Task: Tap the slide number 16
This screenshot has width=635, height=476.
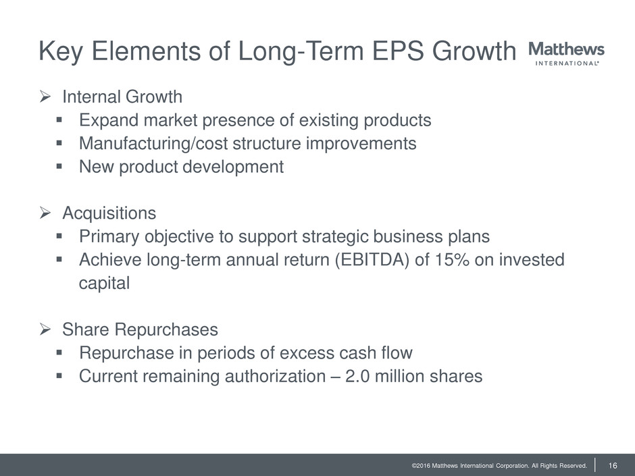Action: [x=613, y=465]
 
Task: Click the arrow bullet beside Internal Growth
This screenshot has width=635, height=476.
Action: [x=45, y=97]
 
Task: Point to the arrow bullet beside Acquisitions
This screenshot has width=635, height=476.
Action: [x=45, y=213]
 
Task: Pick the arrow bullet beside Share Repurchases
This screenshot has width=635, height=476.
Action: [x=45, y=329]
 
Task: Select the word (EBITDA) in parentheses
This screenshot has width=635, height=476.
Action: [x=372, y=260]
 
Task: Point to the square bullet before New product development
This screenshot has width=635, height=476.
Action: [x=59, y=166]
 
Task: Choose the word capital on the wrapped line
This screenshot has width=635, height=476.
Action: [x=105, y=283]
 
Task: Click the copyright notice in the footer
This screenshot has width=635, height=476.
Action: [x=499, y=465]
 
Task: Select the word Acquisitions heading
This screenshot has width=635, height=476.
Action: [x=109, y=213]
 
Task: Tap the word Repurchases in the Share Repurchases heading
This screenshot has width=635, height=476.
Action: [x=166, y=329]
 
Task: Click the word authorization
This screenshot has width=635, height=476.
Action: [x=275, y=376]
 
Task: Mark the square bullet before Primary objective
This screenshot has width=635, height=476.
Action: [x=59, y=236]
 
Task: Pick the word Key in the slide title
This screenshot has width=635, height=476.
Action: [x=61, y=52]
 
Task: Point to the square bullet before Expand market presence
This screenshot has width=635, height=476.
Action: [x=59, y=120]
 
